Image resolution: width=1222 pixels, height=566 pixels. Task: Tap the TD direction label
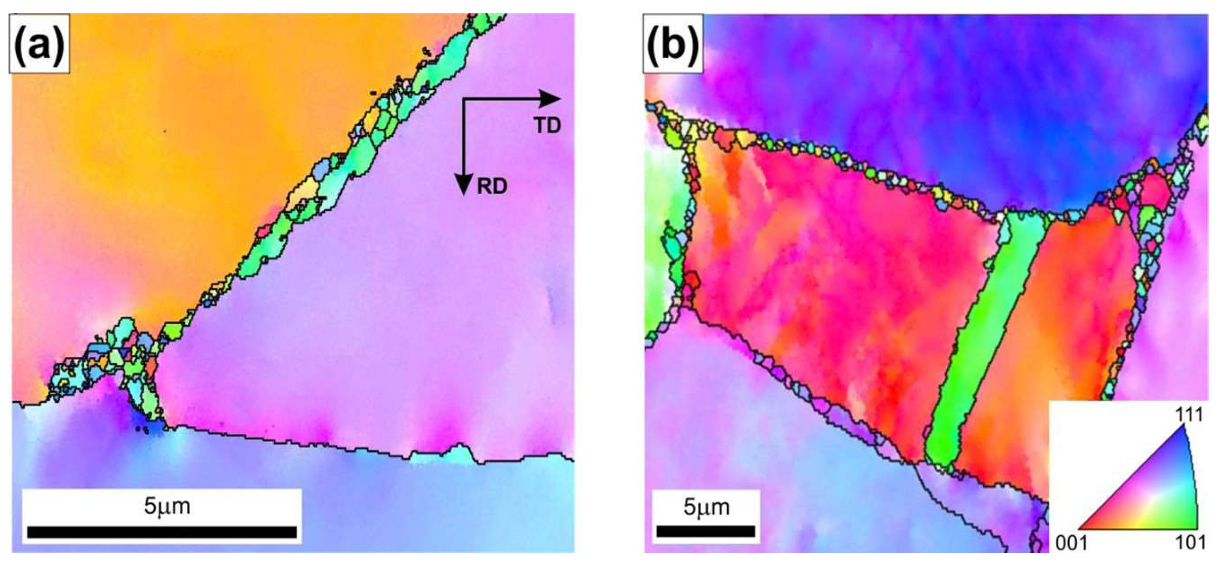click(x=548, y=125)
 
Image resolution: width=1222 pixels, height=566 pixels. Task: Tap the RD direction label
click(x=492, y=187)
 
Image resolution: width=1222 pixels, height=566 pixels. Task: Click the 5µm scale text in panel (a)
click(x=167, y=506)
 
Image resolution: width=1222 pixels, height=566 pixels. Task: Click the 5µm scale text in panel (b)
click(x=706, y=507)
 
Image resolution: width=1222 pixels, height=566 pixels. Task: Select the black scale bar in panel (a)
click(x=162, y=532)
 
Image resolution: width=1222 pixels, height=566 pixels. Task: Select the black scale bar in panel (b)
click(x=706, y=531)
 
